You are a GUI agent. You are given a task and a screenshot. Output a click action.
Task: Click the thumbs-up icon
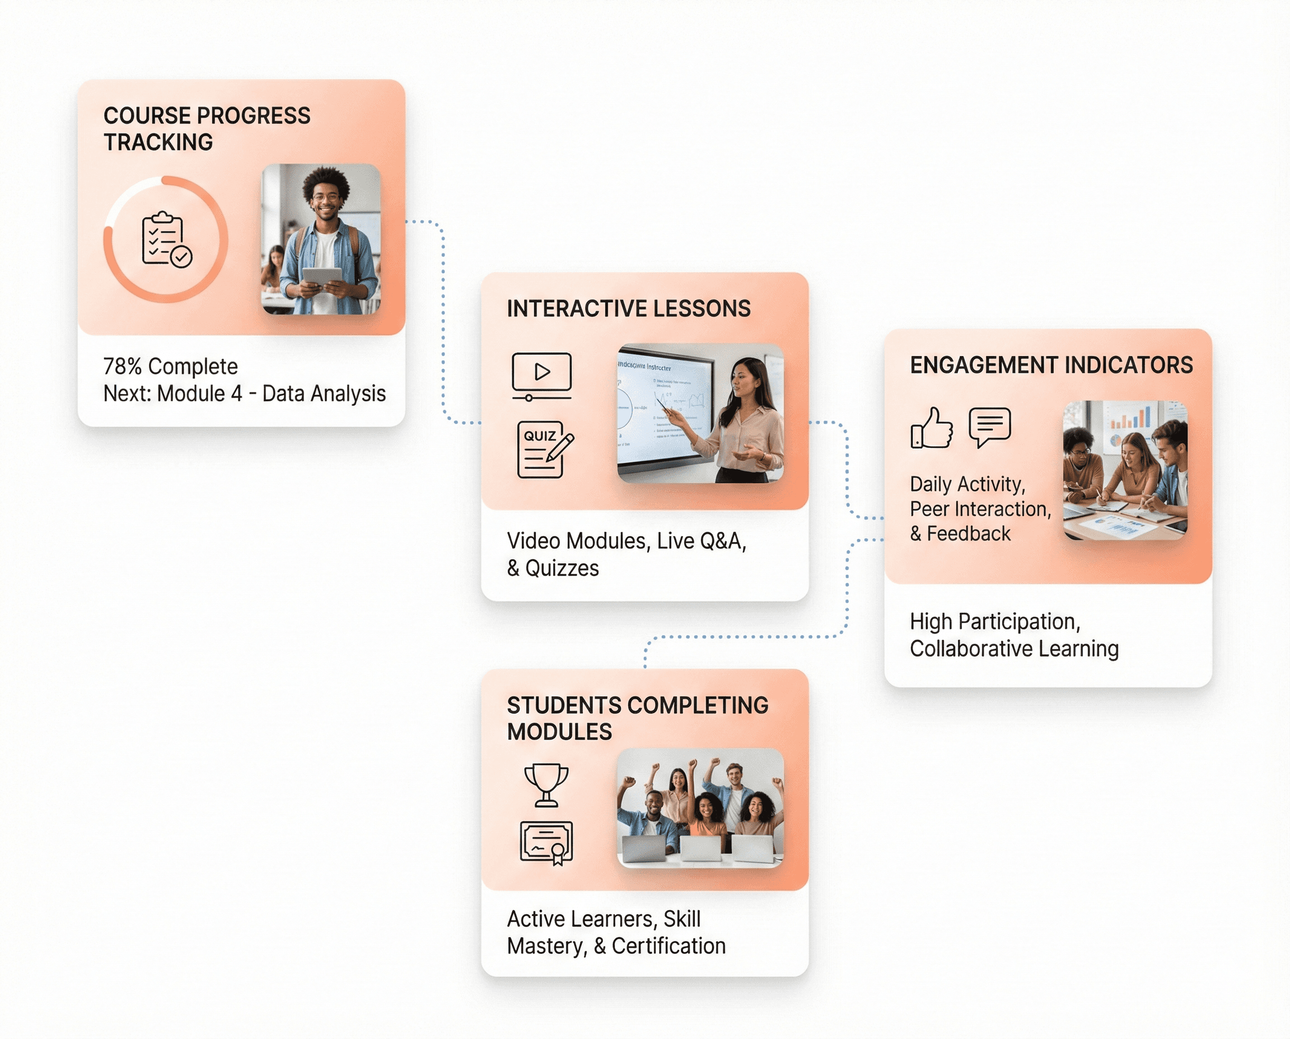point(932,428)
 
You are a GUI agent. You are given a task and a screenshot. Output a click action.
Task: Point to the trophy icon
point(546,784)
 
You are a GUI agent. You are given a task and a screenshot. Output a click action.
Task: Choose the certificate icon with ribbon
point(546,843)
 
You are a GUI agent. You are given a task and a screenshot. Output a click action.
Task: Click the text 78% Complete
point(171,366)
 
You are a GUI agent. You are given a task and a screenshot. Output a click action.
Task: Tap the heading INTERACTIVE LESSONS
point(628,309)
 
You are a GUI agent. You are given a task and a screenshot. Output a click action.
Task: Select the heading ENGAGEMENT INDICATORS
point(1051,365)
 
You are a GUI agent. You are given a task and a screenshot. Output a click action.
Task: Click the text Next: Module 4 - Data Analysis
point(244,394)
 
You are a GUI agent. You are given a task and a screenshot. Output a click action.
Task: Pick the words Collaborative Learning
point(1014,649)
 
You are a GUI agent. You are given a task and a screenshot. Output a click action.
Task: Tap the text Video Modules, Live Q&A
point(626,541)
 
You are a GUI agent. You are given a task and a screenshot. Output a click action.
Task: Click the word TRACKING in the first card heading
point(158,142)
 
